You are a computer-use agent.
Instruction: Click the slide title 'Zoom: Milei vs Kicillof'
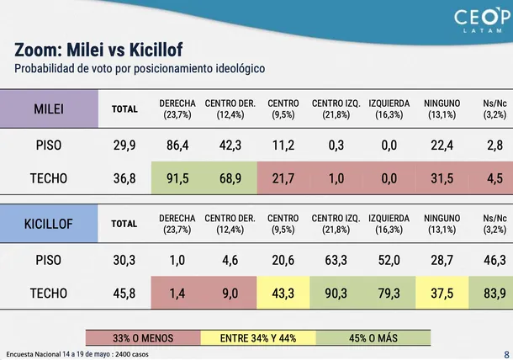[98, 50]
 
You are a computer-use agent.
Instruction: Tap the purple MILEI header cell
[49, 109]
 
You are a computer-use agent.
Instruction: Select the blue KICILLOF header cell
[49, 224]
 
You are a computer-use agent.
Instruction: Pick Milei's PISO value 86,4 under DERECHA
[177, 146]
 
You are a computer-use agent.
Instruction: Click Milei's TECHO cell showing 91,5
[177, 178]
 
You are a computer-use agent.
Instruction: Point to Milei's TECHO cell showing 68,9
[230, 178]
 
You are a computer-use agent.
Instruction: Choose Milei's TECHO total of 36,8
[124, 178]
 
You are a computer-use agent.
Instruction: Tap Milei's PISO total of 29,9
[124, 146]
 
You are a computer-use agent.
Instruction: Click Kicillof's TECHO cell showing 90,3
[336, 293]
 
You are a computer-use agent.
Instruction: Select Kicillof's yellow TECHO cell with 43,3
[283, 293]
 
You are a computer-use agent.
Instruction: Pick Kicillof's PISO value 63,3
[336, 260]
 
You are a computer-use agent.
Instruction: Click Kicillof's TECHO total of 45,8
[124, 294]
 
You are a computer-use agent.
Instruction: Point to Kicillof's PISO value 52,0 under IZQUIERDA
[389, 260]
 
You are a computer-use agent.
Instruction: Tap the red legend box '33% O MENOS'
[143, 338]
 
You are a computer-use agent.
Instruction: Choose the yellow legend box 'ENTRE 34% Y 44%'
[258, 338]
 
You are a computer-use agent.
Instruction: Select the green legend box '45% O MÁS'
[373, 338]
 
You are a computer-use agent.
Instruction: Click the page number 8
[506, 355]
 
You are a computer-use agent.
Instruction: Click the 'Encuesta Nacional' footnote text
[77, 354]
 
